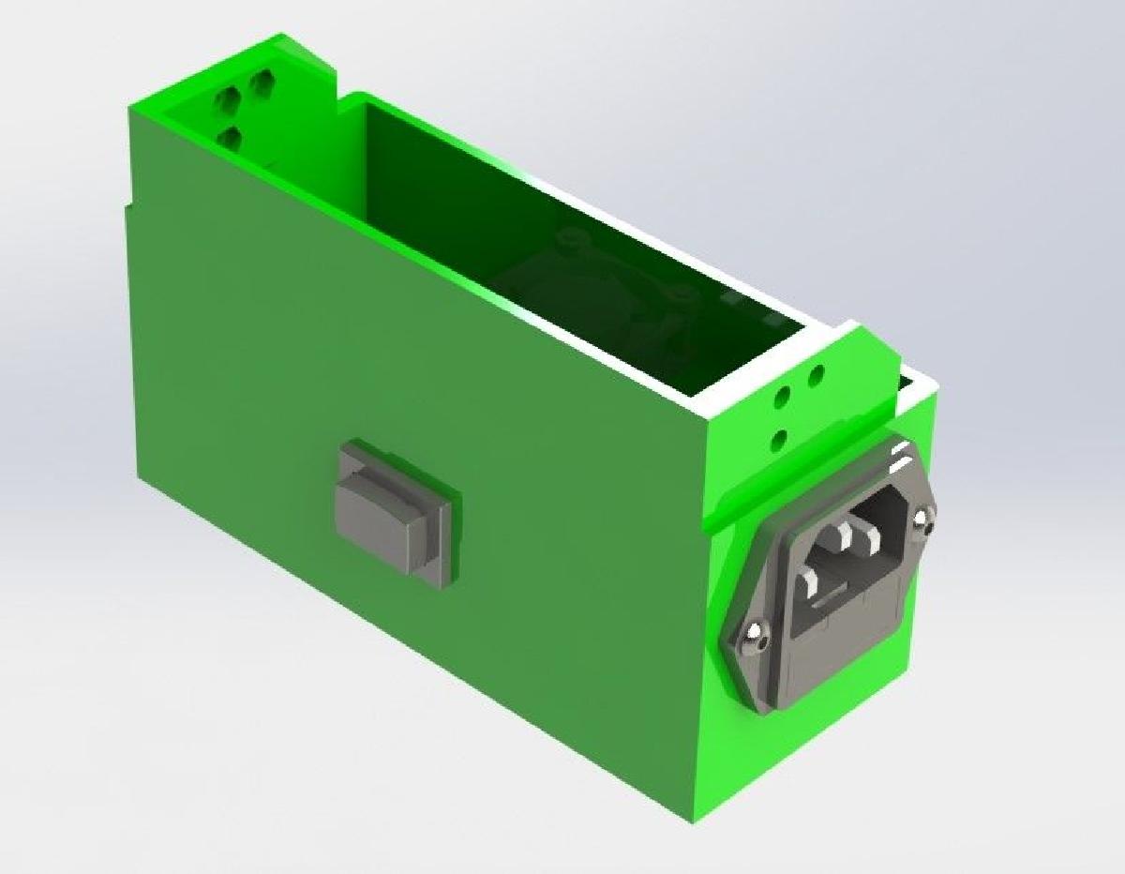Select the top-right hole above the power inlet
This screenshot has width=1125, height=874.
coord(816,376)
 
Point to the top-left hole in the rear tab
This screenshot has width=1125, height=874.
coord(227,98)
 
